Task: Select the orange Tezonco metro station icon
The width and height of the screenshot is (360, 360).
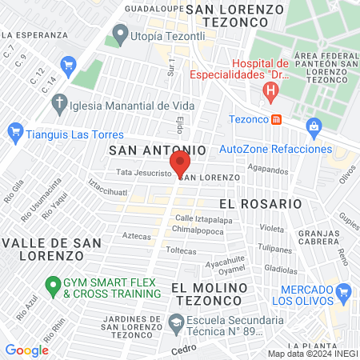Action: (276, 119)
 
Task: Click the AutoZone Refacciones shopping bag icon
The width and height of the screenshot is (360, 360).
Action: (314, 126)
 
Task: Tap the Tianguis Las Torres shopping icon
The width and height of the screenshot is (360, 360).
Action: (14, 130)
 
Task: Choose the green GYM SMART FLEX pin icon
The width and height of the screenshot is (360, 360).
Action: (53, 284)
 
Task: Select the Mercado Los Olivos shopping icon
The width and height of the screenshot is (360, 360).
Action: (344, 290)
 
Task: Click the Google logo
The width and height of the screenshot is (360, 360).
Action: (26, 350)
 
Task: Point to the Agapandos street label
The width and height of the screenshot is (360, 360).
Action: (267, 169)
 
